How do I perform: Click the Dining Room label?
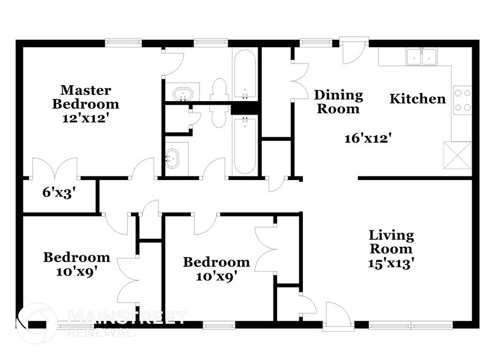click(338, 102)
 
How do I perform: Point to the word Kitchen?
click(418, 99)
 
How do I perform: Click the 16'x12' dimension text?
click(367, 138)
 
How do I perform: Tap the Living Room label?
click(391, 242)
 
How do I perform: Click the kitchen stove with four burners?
click(463, 100)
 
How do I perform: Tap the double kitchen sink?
click(423, 57)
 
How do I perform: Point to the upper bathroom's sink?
click(182, 94)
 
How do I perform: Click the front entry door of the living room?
click(337, 316)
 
